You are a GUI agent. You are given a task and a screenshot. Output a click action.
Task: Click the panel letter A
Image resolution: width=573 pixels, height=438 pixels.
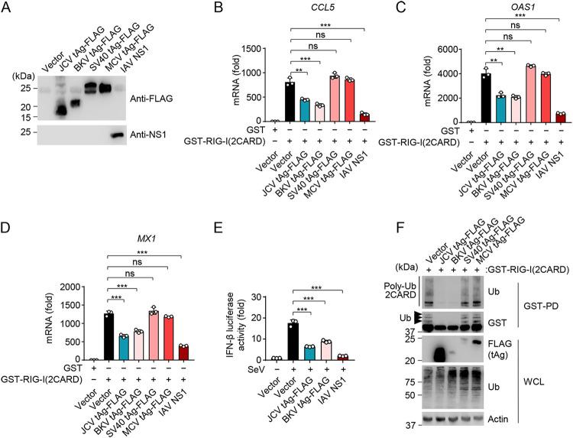tap(7, 8)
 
